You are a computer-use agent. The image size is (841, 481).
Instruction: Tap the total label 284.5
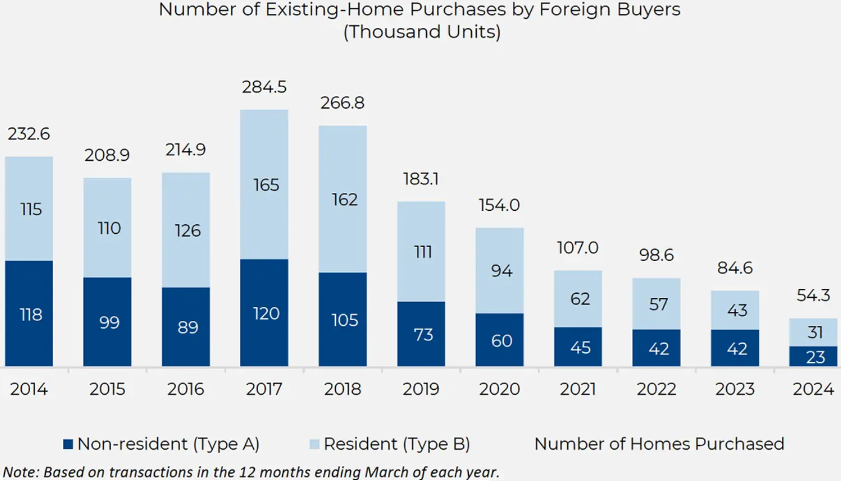264,88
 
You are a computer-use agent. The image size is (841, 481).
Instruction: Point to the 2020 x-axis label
499,389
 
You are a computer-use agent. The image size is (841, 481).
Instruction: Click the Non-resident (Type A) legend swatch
68,444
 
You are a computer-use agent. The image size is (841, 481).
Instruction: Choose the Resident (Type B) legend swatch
314,444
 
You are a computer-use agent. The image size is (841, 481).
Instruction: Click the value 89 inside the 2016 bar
186,327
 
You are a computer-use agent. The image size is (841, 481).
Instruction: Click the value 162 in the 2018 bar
343,199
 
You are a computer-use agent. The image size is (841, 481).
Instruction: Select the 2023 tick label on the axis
735,389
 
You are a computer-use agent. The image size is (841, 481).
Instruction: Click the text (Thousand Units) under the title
421,32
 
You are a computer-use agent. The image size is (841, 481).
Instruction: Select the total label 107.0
578,247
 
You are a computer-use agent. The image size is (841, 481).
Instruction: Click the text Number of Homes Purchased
659,444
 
